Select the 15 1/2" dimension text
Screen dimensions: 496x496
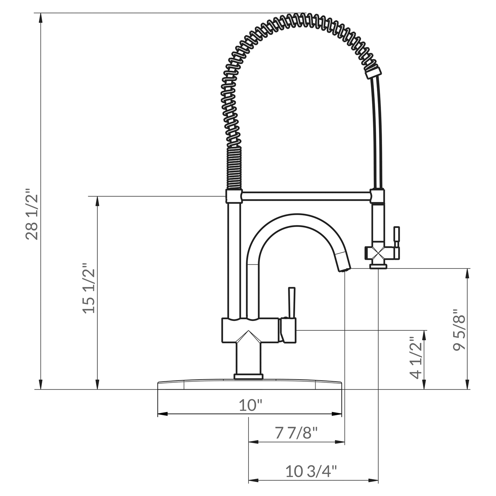tap(89, 288)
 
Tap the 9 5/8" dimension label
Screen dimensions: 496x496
tap(459, 330)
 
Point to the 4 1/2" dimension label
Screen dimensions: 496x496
tap(416, 358)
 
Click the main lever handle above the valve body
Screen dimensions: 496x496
tap(291, 302)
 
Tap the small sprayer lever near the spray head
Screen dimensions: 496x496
tap(396, 237)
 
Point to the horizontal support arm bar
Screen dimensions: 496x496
tap(305, 196)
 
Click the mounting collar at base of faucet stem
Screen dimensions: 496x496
tap(249, 377)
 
